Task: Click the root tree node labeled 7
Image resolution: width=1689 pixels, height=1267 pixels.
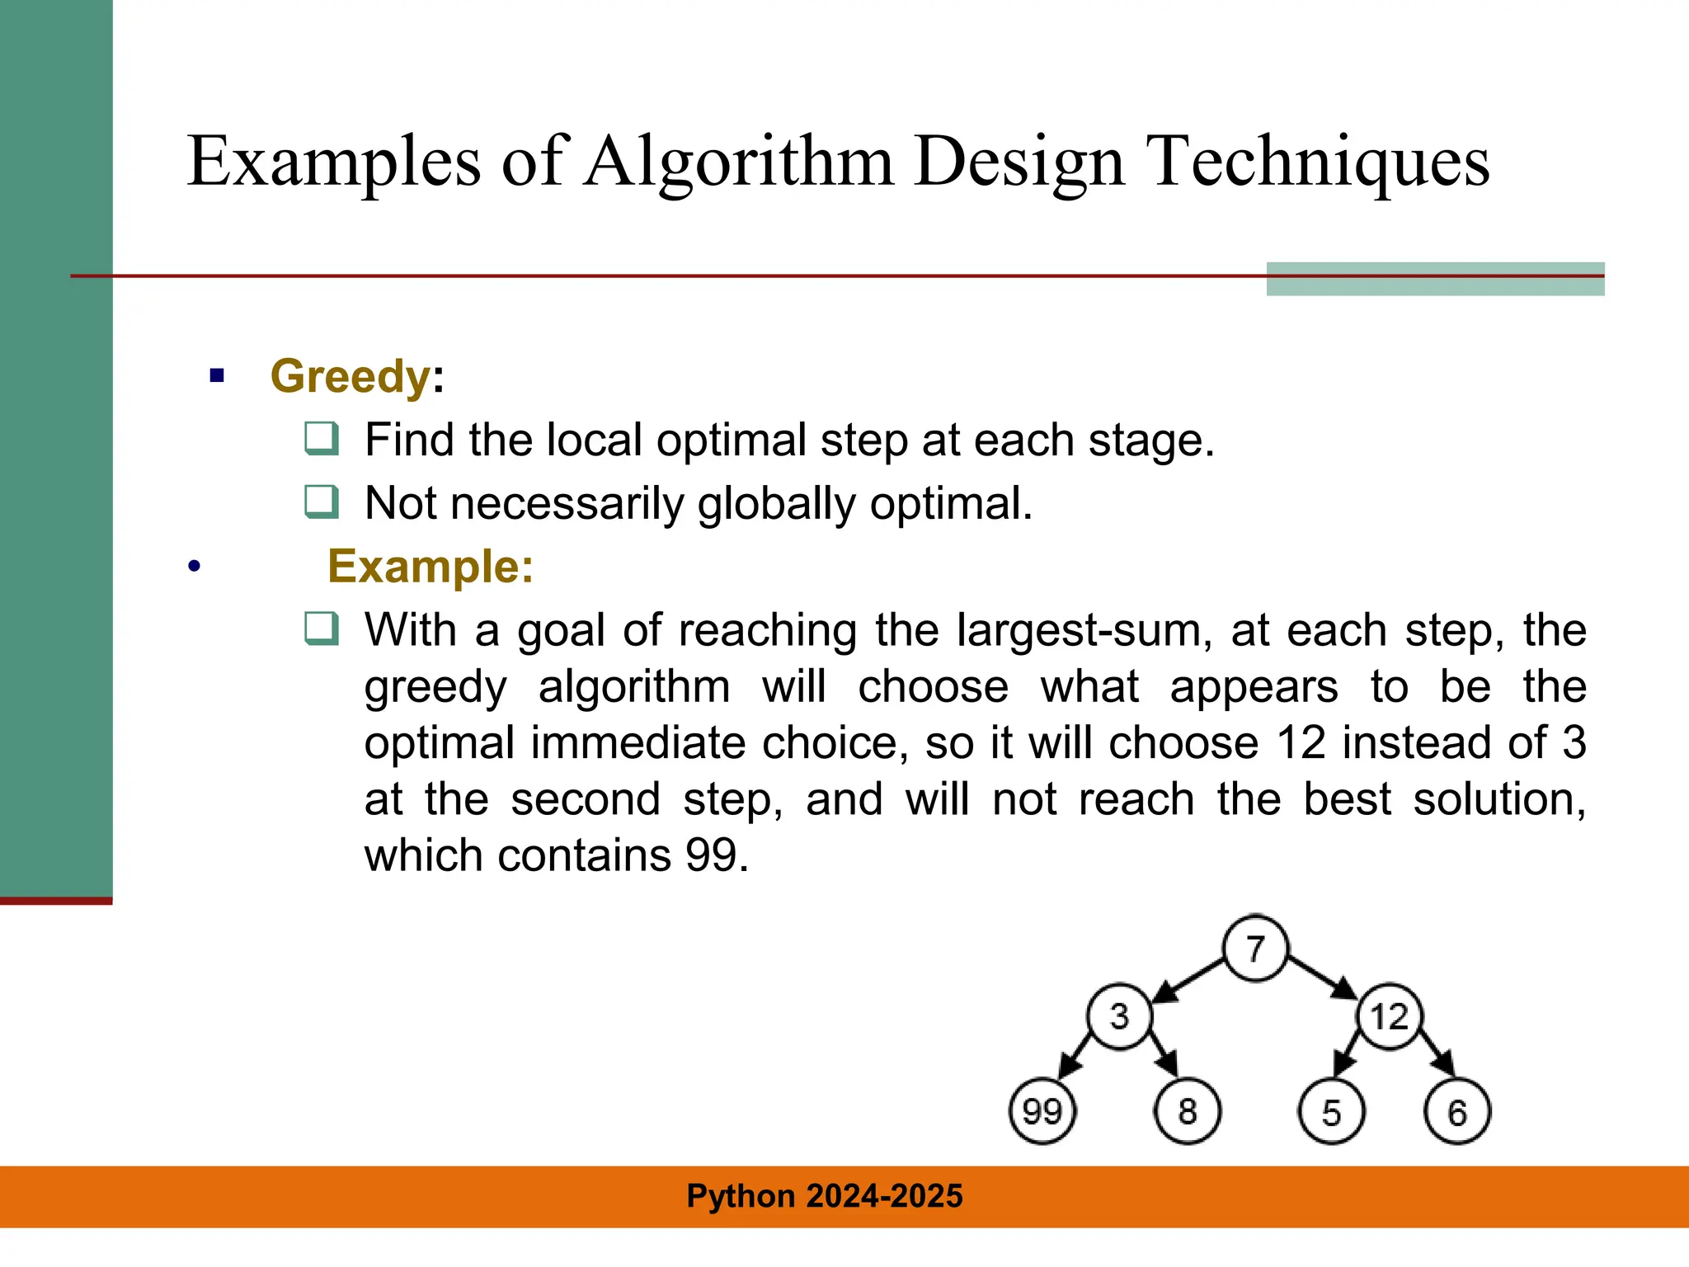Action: [x=1255, y=949]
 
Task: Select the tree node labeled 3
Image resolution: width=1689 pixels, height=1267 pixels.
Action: [x=1119, y=1016]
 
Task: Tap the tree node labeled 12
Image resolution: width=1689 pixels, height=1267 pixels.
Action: [x=1390, y=1016]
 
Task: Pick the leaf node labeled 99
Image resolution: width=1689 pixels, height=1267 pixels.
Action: [x=1042, y=1112]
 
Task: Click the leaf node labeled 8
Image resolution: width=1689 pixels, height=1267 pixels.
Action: [x=1188, y=1112]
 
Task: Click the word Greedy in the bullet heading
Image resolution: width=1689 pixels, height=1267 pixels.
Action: [x=350, y=377]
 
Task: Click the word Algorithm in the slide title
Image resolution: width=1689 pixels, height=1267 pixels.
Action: [x=739, y=162]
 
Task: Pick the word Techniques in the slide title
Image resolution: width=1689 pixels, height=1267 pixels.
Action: [x=1319, y=162]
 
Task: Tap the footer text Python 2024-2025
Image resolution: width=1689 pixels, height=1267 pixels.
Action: [x=825, y=1196]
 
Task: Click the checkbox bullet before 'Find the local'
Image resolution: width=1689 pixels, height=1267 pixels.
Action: [x=321, y=438]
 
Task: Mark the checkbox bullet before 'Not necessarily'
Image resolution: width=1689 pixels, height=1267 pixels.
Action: [x=321, y=502]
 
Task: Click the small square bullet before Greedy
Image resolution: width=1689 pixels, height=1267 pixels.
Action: [x=217, y=377]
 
